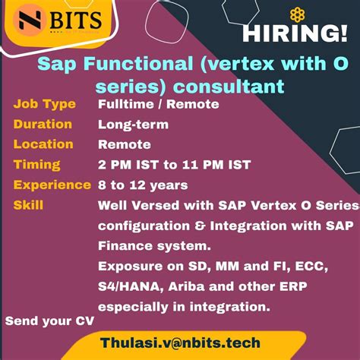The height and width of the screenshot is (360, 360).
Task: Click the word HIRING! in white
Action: (x=295, y=33)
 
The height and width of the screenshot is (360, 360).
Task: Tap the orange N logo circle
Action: (x=30, y=20)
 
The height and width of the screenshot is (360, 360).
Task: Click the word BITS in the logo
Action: (x=76, y=20)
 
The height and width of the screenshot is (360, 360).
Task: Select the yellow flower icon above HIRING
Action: (x=297, y=14)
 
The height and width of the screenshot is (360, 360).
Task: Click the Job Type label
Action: (x=45, y=104)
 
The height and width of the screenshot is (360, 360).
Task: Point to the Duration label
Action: (x=43, y=124)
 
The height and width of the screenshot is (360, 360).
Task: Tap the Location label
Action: (x=43, y=144)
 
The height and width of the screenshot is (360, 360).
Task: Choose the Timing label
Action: (x=37, y=165)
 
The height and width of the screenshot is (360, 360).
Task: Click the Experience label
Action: (x=52, y=185)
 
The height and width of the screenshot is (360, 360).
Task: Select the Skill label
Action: (x=28, y=205)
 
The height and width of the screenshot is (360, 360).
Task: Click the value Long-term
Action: (x=133, y=125)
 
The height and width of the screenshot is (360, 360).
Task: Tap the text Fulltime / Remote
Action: (x=159, y=104)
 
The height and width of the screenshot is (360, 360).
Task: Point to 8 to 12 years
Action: (x=143, y=185)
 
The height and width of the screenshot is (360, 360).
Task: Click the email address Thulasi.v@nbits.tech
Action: (x=180, y=343)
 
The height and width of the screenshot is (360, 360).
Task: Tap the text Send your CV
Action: (x=49, y=321)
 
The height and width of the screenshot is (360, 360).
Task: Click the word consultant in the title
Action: (x=229, y=87)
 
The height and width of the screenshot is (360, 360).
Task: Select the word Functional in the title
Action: (x=138, y=63)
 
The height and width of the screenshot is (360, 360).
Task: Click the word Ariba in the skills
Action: (x=186, y=286)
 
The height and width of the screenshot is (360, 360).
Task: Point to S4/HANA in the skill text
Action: (x=131, y=287)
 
